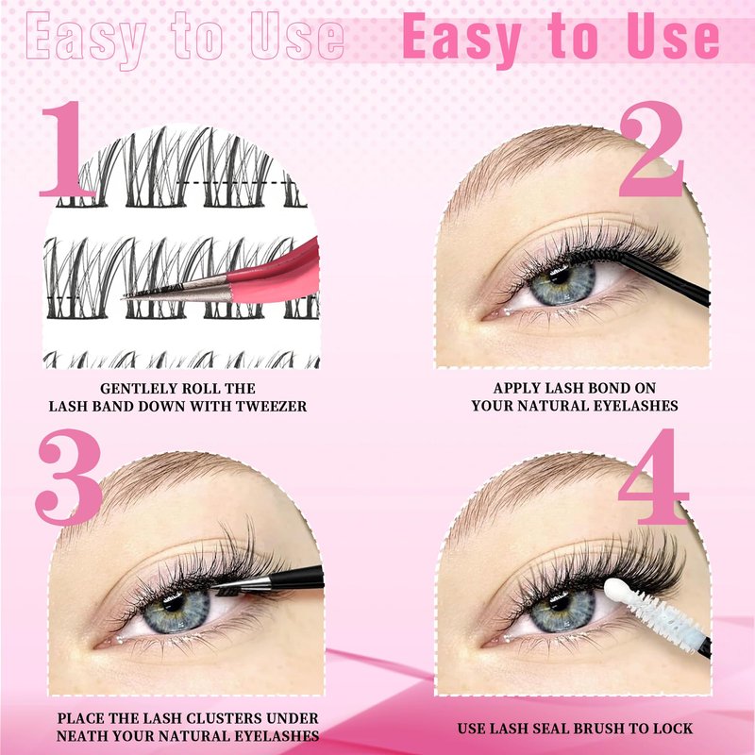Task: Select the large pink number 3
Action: pos(68,477)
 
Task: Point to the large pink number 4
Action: pos(653,477)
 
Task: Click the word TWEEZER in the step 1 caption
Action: pos(272,407)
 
